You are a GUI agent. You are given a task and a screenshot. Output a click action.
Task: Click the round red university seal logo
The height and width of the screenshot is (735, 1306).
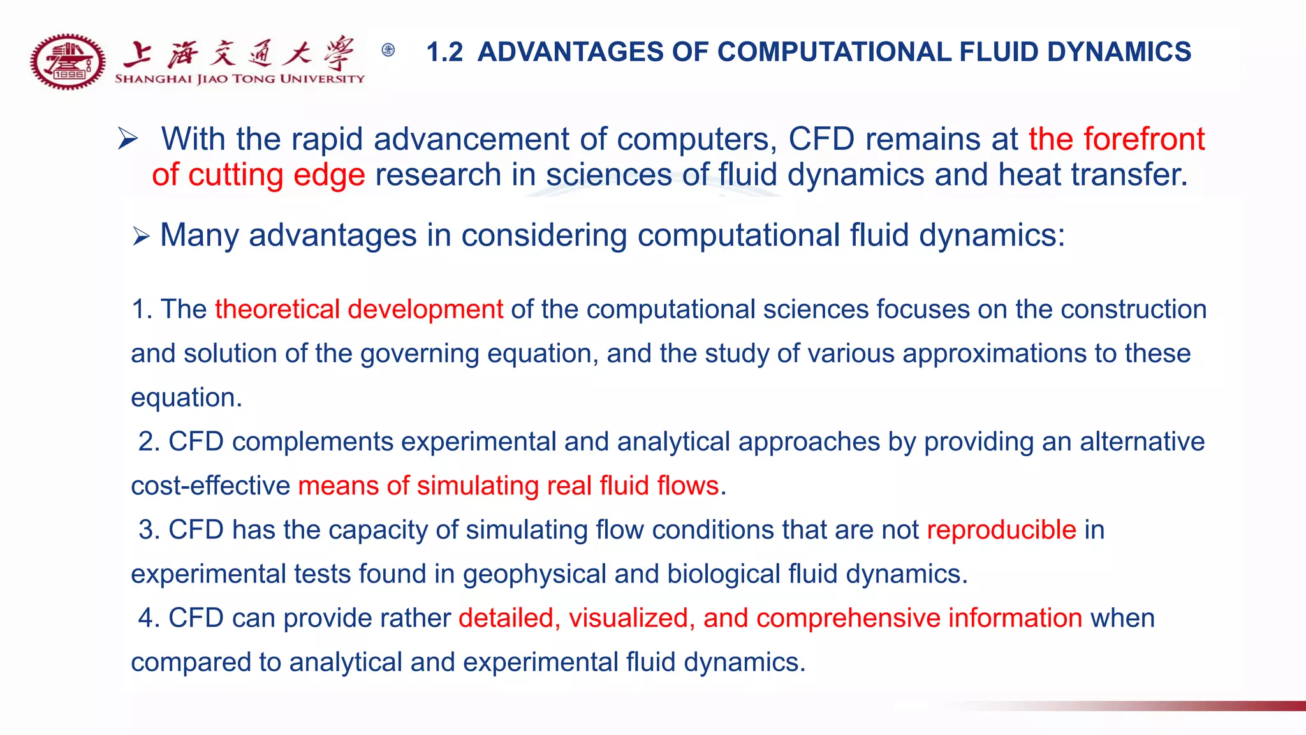[x=68, y=62]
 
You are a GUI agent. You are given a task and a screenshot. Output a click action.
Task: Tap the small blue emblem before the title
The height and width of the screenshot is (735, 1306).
[x=388, y=50]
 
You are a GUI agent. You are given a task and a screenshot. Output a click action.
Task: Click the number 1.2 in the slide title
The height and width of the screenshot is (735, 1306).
[x=444, y=52]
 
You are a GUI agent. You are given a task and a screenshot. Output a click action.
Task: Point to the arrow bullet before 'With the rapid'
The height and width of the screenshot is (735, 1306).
[x=128, y=138]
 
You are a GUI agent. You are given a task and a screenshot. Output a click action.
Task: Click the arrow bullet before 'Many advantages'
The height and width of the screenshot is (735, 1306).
[x=141, y=237]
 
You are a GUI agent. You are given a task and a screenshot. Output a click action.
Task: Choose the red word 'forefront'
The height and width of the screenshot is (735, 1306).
[x=1144, y=139]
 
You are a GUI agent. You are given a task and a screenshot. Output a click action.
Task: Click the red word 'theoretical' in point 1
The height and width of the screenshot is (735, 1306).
[x=277, y=309]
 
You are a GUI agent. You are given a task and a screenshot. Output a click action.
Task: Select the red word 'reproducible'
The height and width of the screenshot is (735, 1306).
[x=1001, y=530]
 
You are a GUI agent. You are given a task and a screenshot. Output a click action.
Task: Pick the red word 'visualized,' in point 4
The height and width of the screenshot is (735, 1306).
[x=628, y=618]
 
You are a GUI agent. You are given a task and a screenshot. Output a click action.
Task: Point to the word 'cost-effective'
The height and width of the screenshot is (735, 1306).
[x=210, y=486]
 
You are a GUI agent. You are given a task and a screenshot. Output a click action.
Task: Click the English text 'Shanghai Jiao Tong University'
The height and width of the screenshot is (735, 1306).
[x=239, y=79]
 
